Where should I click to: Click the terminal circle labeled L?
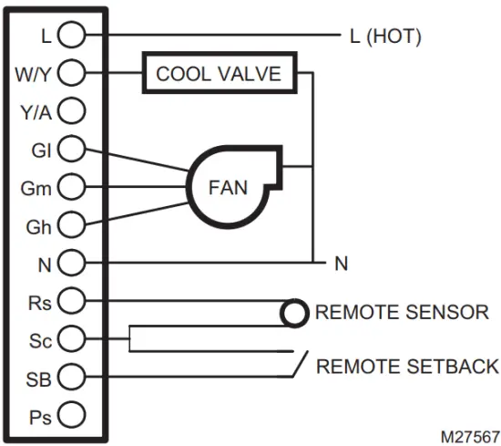coord(71,36)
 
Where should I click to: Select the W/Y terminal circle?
coord(71,73)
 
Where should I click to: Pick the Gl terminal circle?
coord(71,149)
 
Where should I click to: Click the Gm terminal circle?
coord(71,187)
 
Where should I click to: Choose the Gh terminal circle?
coord(71,224)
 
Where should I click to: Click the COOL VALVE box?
coord(219,74)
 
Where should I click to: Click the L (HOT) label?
coord(385,36)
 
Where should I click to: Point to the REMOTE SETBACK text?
coord(407,367)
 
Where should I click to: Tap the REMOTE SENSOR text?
coord(402,313)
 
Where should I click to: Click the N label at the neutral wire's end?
coord(341,264)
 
